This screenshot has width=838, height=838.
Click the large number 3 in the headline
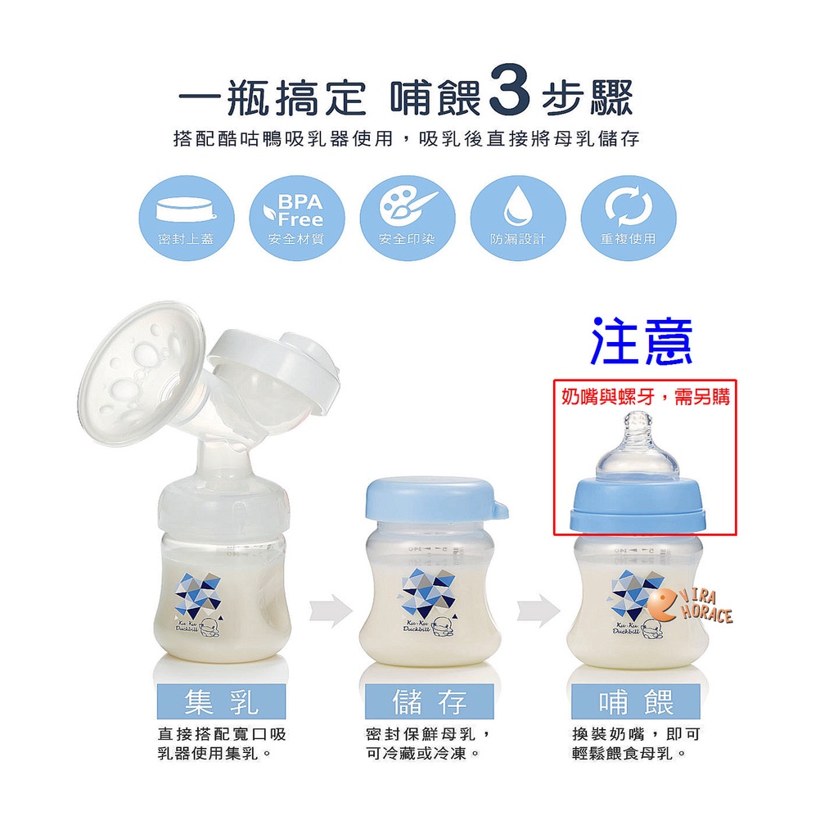click(x=509, y=90)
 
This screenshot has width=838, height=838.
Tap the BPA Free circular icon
click(x=296, y=218)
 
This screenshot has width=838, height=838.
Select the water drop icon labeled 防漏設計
click(x=517, y=218)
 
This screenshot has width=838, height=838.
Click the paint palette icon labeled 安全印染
click(x=408, y=218)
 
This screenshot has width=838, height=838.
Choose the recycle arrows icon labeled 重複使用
click(x=628, y=218)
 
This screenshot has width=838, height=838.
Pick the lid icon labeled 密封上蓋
click(x=187, y=218)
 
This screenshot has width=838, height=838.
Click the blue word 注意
click(x=642, y=341)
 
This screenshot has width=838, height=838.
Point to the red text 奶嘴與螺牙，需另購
click(x=645, y=397)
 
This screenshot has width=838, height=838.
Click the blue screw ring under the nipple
click(x=637, y=504)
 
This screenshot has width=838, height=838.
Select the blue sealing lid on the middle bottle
click(x=435, y=501)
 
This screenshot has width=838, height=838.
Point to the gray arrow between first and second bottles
click(x=331, y=610)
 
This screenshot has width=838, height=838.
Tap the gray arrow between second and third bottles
click(x=538, y=610)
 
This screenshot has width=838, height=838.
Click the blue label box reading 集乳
click(x=221, y=701)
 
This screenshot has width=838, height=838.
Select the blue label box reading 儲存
click(x=429, y=701)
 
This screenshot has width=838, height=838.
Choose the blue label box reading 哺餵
click(x=635, y=701)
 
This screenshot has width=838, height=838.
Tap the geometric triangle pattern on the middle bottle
click(x=427, y=594)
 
